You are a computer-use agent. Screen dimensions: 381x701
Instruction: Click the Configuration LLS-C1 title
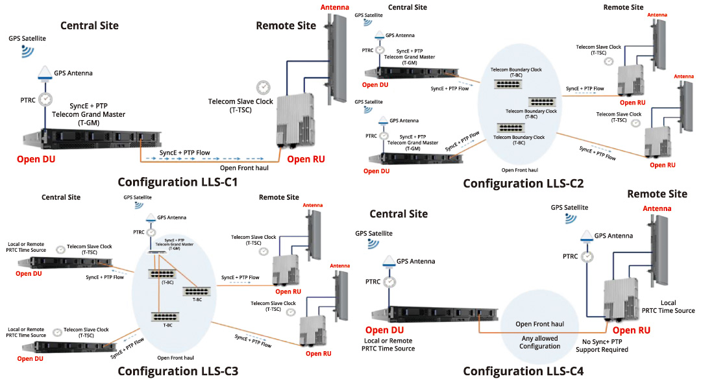pyautogui.click(x=177, y=182)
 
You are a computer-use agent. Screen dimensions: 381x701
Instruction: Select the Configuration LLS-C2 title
pyautogui.click(x=523, y=184)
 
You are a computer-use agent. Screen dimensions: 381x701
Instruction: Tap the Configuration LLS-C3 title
pyautogui.click(x=177, y=371)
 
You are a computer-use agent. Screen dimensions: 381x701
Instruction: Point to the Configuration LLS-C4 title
pyautogui.click(x=523, y=371)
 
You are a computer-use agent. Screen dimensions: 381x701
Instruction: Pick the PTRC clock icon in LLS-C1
pyautogui.click(x=45, y=99)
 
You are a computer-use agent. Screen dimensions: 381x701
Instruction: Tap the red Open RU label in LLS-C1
pyautogui.click(x=308, y=159)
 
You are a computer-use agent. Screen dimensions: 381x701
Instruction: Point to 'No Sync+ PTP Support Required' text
pyautogui.click(x=602, y=345)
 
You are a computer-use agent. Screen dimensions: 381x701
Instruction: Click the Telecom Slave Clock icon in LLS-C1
pyautogui.click(x=264, y=87)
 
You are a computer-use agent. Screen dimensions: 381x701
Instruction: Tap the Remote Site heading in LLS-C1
pyautogui.click(x=286, y=26)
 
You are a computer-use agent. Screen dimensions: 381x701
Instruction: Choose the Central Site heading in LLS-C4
pyautogui.click(x=399, y=214)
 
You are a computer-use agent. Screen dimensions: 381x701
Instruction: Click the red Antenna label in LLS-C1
pyautogui.click(x=335, y=7)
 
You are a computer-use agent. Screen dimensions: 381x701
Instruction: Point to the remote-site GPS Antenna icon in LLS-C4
pyautogui.click(x=587, y=237)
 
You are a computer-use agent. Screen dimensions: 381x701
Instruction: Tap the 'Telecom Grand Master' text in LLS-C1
pyautogui.click(x=88, y=114)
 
